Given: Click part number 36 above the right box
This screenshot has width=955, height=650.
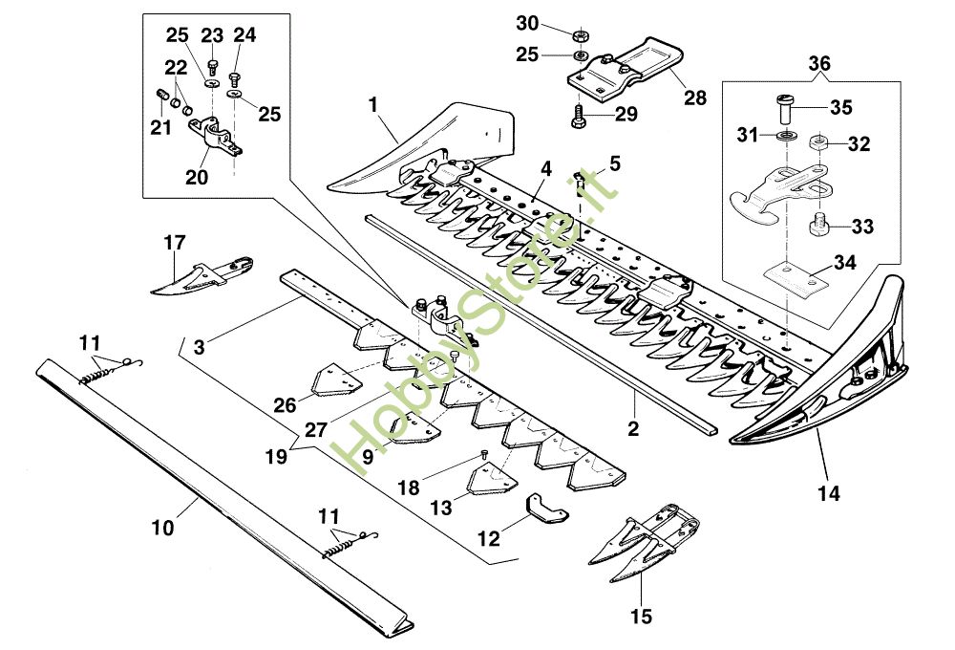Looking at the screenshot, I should coord(819,64).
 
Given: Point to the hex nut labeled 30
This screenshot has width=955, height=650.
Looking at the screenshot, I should coord(580,35).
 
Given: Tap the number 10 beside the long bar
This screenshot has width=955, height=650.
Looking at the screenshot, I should coord(162,525).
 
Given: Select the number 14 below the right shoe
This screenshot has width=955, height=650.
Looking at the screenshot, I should coord(829,494).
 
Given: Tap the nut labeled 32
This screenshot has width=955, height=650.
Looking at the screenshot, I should coord(817,143).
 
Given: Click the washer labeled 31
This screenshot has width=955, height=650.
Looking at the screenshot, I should coord(782,136).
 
